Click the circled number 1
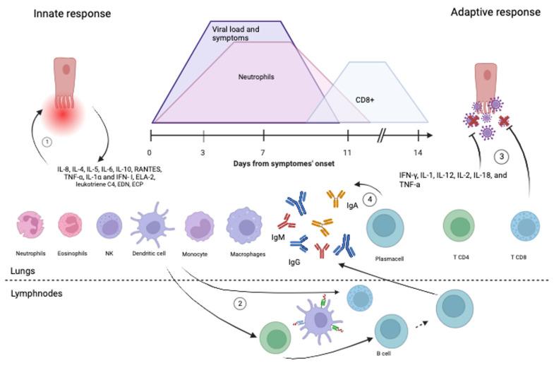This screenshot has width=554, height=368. pyautogui.click(x=47, y=141)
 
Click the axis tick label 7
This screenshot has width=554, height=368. pyautogui.click(x=262, y=152)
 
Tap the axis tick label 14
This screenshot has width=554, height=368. pyautogui.click(x=418, y=152)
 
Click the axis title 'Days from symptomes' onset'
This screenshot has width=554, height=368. pyautogui.click(x=284, y=164)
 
